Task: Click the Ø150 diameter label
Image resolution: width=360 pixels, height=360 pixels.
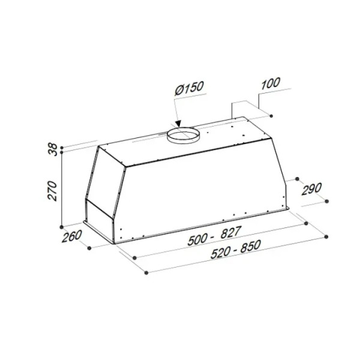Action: (189, 88)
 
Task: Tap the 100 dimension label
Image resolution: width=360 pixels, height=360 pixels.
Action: (271, 83)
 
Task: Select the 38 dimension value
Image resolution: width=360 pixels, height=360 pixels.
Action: (53, 149)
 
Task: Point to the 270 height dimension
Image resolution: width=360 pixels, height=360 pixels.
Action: (52, 191)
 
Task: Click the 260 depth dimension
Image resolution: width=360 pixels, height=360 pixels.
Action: (71, 236)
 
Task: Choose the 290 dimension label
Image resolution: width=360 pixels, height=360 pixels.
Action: (311, 189)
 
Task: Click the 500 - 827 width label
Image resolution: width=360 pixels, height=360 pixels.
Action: (215, 236)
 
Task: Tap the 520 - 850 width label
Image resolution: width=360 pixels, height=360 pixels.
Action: (236, 249)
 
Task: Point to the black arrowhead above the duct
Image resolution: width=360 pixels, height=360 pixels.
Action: (178, 124)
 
